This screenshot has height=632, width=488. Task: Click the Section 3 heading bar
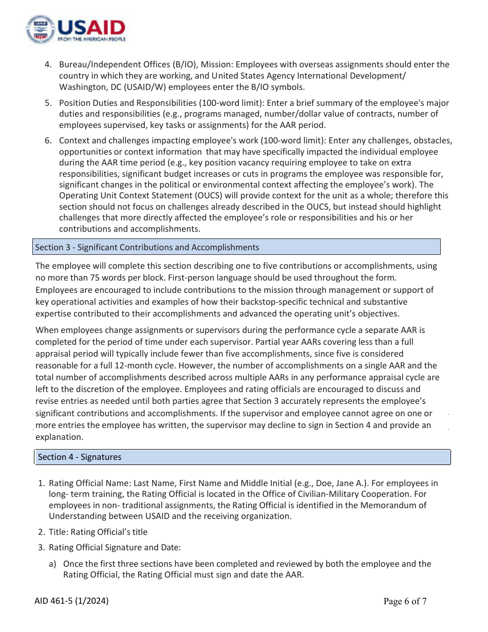coord(236,247)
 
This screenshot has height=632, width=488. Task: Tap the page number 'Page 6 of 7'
coord(405,601)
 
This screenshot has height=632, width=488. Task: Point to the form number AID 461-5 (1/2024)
coord(71,601)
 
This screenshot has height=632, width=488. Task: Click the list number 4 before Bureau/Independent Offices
coord(48,65)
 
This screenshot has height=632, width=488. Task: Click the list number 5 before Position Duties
coord(48,103)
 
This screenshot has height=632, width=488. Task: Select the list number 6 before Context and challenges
coord(48,141)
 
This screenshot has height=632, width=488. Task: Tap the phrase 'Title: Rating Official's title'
coord(98,532)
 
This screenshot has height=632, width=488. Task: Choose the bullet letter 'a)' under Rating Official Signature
coord(52,564)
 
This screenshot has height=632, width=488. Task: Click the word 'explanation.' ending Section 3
coord(59,437)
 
